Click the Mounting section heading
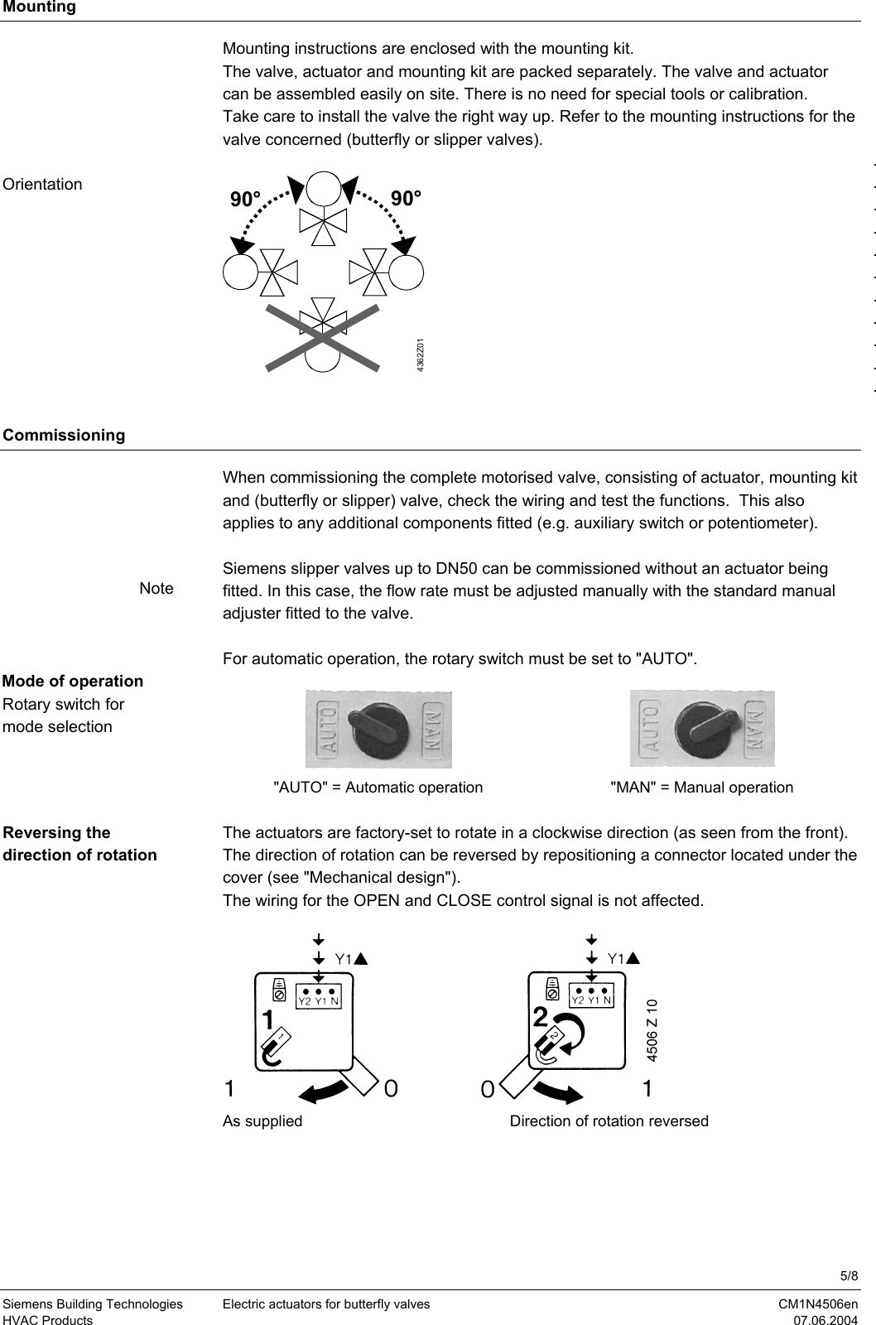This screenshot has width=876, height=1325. [39, 7]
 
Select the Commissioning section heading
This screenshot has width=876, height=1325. [64, 435]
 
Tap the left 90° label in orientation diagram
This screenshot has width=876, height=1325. [245, 200]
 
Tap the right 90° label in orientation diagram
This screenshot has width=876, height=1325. [406, 199]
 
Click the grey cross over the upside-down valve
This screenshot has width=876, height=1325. [322, 336]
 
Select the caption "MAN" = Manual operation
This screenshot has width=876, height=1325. [700, 788]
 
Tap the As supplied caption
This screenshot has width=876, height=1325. [262, 1121]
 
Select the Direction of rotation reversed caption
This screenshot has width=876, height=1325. [609, 1121]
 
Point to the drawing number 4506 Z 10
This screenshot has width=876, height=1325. [652, 1030]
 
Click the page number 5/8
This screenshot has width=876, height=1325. [850, 1274]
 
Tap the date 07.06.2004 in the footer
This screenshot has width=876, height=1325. [826, 1320]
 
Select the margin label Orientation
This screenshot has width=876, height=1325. [42, 185]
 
